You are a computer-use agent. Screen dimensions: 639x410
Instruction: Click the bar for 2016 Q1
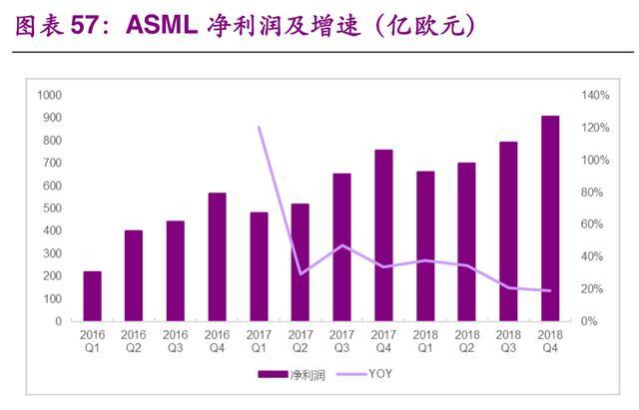pos(92,296)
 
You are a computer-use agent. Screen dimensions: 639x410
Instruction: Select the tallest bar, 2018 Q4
pos(550,218)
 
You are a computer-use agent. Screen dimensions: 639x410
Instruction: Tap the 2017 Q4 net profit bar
pos(383,235)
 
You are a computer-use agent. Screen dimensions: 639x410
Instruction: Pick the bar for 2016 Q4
pos(218,257)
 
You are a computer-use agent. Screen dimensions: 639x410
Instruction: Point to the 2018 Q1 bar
pos(425,246)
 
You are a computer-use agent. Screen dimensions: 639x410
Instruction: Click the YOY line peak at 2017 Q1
pos(260,128)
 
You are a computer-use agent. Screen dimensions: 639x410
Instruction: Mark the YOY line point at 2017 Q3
pos(342,245)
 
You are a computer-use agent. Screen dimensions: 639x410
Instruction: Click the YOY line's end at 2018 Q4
pos(550,290)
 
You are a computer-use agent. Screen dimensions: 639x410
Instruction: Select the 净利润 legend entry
pos(292,374)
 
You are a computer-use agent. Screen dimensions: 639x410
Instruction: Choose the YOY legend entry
pos(364,374)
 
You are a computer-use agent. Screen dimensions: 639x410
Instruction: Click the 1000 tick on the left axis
pos(49,96)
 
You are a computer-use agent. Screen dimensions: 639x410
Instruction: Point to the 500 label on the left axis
pos(53,208)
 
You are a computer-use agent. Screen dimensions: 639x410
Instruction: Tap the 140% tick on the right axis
pos(595,96)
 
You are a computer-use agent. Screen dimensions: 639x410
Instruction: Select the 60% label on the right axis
pos(592,224)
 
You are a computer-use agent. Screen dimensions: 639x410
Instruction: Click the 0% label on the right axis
pos(589,321)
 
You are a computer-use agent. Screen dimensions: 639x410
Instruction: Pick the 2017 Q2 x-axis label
pos(301,341)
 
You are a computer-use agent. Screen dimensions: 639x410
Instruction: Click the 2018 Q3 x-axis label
pos(508,341)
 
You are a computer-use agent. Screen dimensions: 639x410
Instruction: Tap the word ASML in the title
pos(162,25)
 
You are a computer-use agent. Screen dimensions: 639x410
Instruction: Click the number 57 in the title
pos(84,25)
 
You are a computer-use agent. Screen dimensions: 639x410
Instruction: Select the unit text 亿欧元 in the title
pos(426,26)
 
